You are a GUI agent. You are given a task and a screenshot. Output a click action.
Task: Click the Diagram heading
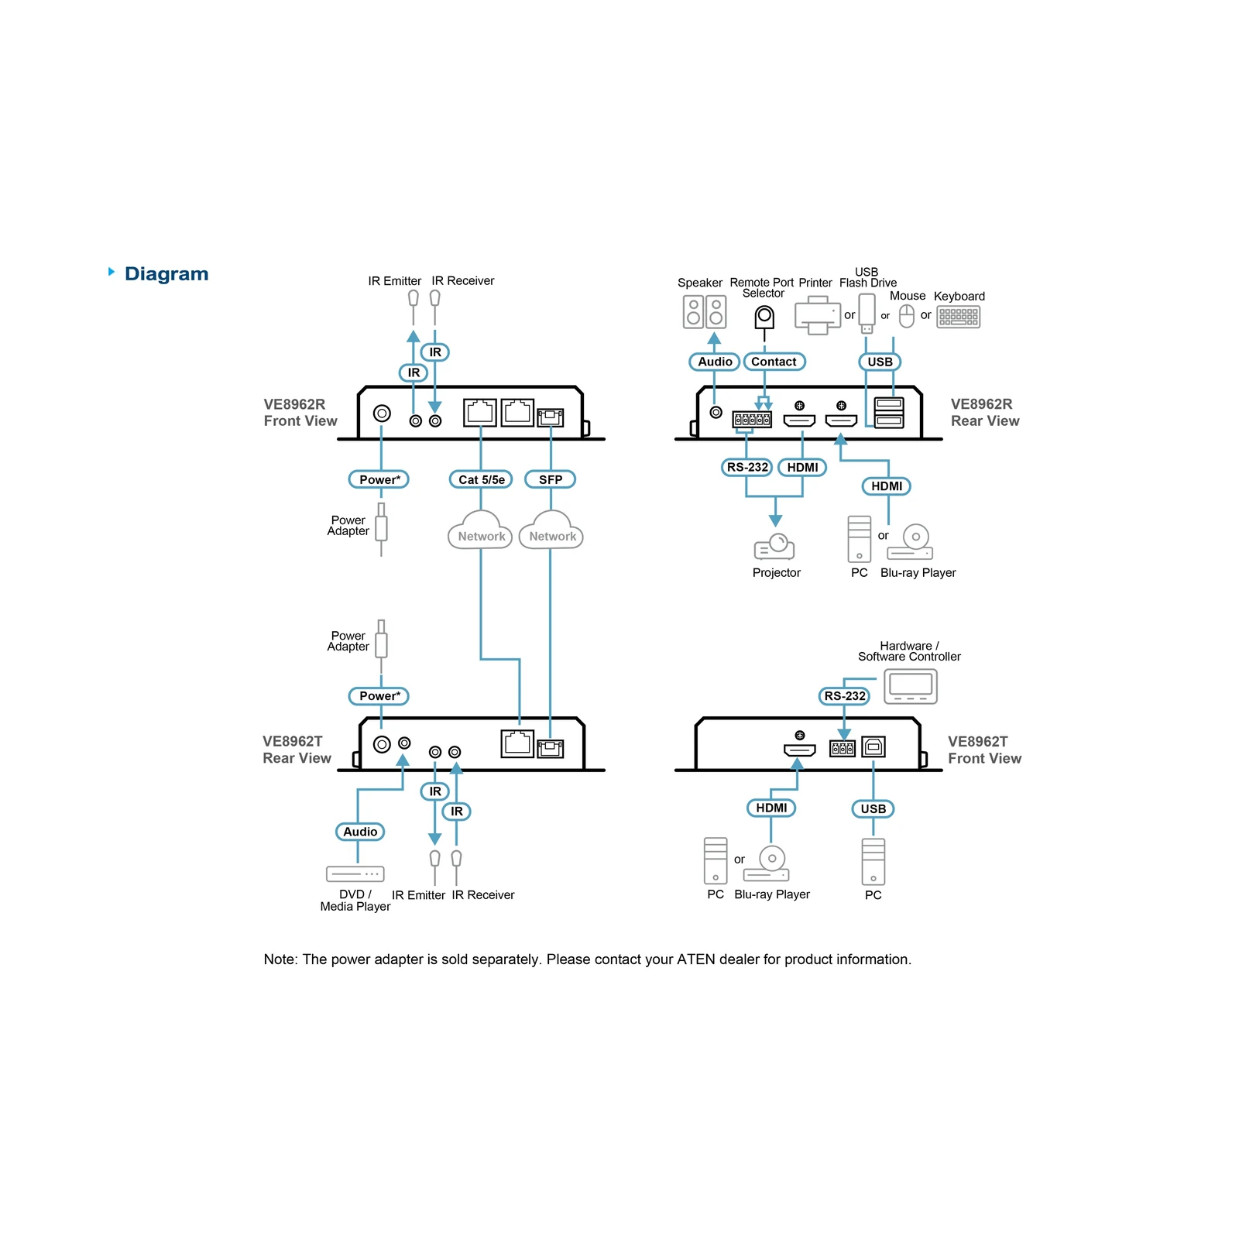[x=166, y=274]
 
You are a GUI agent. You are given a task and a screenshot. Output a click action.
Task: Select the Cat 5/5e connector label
[x=481, y=479]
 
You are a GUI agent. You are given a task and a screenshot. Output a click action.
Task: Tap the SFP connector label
[x=551, y=479]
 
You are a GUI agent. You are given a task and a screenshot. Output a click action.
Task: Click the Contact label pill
[x=774, y=362]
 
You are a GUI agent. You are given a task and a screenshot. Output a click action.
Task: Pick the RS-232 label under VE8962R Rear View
[x=746, y=467]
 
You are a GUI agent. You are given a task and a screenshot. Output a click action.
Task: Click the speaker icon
[x=705, y=312]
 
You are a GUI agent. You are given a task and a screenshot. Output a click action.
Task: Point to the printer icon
[x=818, y=315]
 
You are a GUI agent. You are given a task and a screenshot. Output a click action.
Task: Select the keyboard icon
[x=959, y=317]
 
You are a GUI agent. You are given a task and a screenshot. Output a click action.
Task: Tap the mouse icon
[x=907, y=316]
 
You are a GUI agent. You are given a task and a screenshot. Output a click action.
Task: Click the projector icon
[x=774, y=546]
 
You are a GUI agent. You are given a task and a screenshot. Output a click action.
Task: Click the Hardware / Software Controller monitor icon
[x=911, y=686]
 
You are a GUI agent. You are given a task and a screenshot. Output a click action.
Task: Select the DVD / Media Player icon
[x=355, y=874]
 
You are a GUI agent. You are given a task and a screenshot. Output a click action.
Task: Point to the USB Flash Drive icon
[x=867, y=314]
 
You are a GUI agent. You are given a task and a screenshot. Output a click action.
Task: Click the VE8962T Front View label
[x=984, y=750]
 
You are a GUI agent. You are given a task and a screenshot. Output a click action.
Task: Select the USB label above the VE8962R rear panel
[x=880, y=362]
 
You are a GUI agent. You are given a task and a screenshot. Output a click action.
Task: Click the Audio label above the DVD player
[x=360, y=832]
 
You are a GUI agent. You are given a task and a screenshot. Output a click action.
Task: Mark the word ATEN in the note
[x=696, y=959]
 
